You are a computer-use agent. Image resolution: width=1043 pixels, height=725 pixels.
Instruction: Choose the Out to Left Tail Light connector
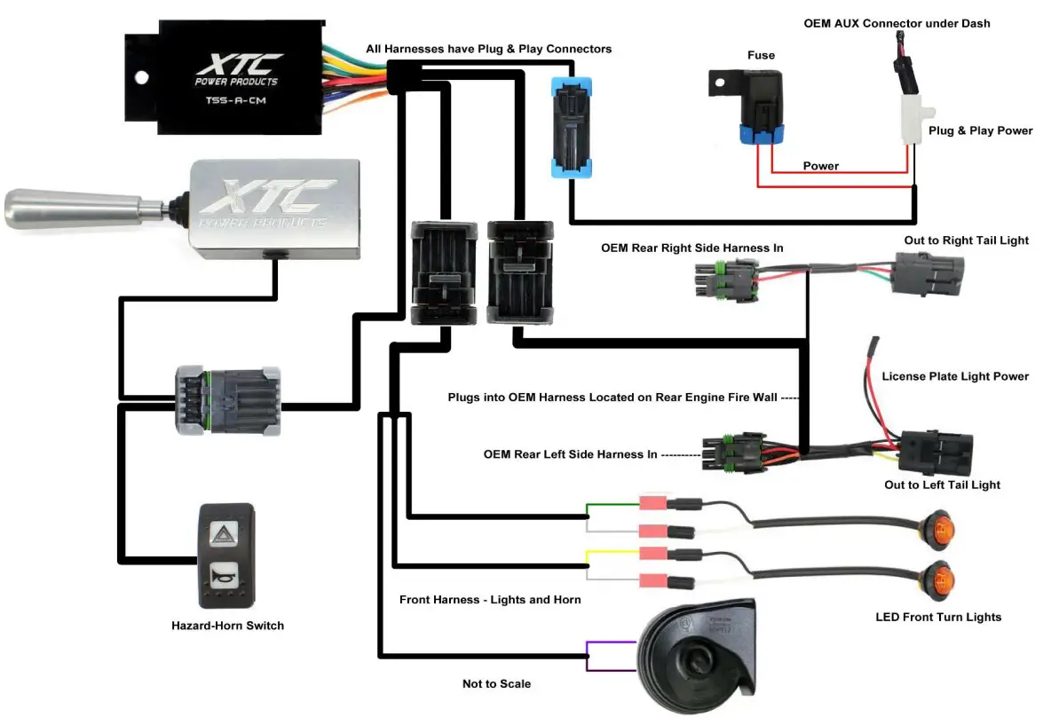click(x=936, y=453)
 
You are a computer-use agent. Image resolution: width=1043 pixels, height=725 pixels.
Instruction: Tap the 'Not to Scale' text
click(x=496, y=683)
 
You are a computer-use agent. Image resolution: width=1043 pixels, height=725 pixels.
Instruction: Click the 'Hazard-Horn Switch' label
click(x=227, y=626)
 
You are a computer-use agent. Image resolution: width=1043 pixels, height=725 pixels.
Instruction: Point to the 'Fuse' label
click(x=761, y=55)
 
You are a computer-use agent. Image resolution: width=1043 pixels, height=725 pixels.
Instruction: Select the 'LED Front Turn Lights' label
click(x=938, y=617)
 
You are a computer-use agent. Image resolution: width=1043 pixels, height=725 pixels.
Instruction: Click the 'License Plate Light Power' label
click(x=955, y=376)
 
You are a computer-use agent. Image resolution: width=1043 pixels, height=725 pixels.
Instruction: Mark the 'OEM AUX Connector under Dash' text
click(x=897, y=23)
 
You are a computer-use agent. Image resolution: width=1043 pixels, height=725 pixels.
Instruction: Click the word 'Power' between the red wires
click(x=820, y=166)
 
